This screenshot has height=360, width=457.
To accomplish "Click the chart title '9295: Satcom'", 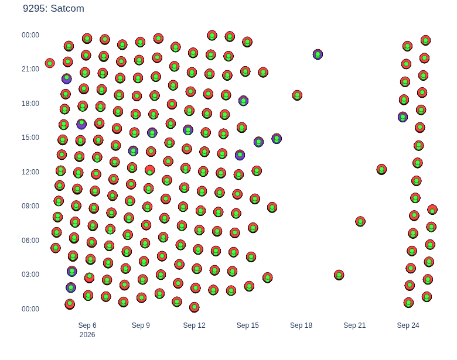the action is (x=54, y=8).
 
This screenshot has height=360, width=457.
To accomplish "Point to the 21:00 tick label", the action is (x=30, y=69).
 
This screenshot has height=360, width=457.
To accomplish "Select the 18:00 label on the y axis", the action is (x=30, y=104).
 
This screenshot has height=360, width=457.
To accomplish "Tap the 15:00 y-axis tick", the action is (x=30, y=138).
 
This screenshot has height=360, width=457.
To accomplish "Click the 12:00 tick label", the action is (x=30, y=172).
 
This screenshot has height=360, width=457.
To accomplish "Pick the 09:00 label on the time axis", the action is (x=30, y=206).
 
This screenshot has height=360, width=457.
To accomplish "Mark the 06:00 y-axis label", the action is (x=30, y=240).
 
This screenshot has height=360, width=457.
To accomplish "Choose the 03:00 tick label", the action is (x=30, y=275).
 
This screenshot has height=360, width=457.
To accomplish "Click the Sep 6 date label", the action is (x=87, y=325).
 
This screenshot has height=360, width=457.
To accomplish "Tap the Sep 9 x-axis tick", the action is (x=141, y=325).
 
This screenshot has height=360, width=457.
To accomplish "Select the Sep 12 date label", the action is (x=194, y=325).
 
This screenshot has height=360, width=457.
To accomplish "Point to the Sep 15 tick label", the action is (x=248, y=325).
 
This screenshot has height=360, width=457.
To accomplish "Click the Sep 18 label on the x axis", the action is (x=301, y=325).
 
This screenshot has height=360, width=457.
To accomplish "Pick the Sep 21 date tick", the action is (x=354, y=325).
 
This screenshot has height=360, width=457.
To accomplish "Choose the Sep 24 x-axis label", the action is (x=408, y=325).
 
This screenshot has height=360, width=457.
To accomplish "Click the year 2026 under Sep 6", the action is (x=87, y=335).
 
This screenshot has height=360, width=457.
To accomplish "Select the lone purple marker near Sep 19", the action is (x=318, y=54).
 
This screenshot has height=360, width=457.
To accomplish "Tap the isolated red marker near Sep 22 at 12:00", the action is (x=381, y=169).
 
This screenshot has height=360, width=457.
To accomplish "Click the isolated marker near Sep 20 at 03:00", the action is (x=339, y=275).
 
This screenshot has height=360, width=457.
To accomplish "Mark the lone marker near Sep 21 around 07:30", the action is (x=360, y=221).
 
